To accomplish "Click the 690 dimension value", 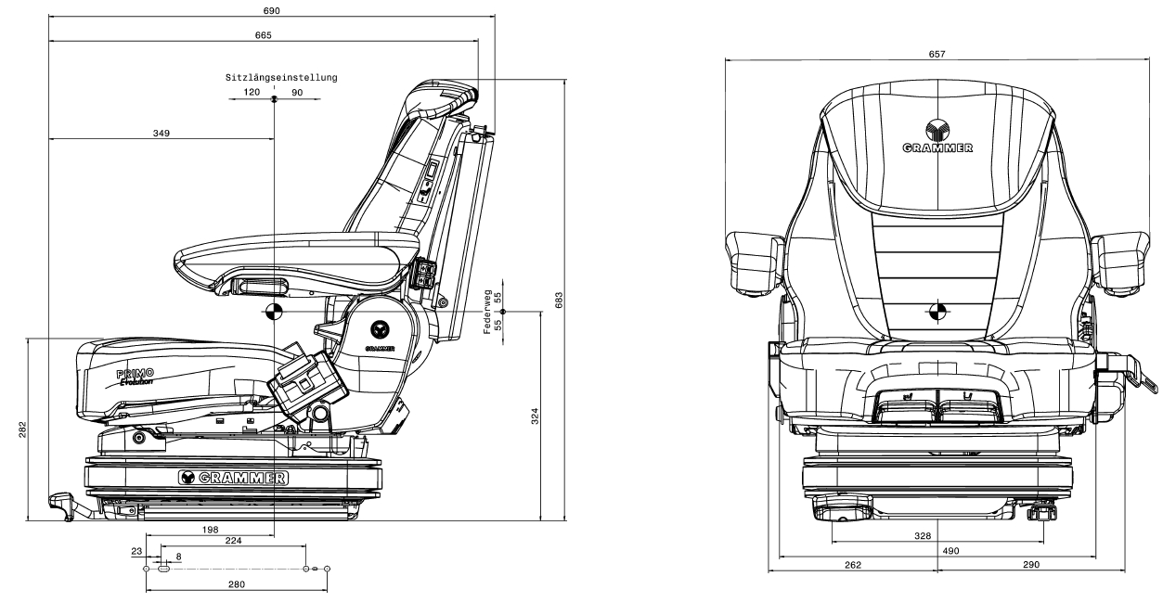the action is [272, 11].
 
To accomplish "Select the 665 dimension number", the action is [264, 35].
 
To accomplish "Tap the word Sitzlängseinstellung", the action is [281, 78].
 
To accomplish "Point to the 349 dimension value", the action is [162, 134].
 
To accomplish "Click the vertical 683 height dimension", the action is [559, 301].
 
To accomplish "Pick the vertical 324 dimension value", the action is [535, 416].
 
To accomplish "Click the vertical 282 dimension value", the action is [23, 429].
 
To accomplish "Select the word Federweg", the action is [487, 312].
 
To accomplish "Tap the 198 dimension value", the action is [211, 530].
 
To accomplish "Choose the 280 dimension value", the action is [237, 584].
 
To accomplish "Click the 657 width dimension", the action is [937, 54].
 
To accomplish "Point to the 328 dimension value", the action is [923, 536].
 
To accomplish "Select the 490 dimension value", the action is [950, 551].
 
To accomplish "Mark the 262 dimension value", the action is [853, 565].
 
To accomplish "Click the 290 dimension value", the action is [1031, 565].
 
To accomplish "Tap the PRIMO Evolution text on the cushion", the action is [135, 378].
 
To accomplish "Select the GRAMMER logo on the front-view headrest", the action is [937, 137].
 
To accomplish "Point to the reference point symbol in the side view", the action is [274, 313].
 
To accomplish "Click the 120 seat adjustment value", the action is [252, 93].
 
